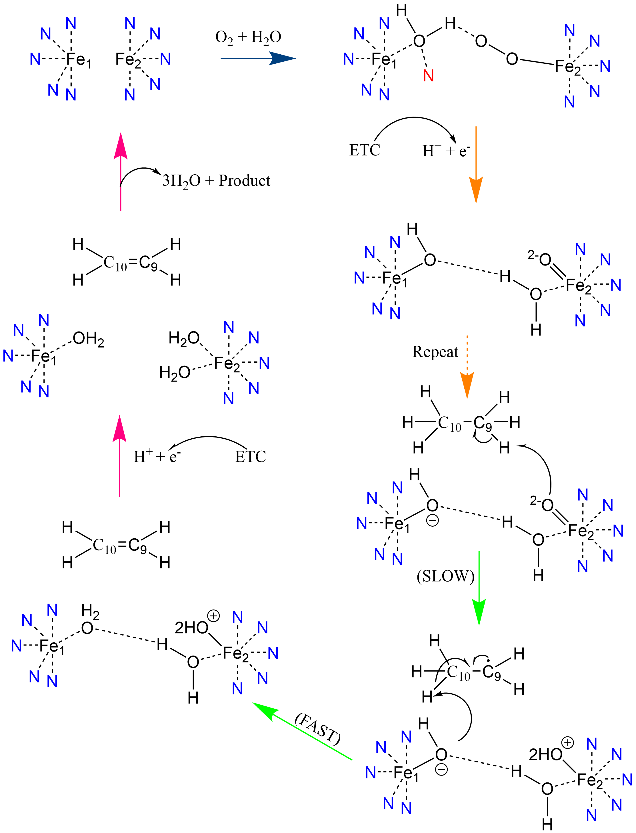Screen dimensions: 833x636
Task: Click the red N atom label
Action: coord(428,76)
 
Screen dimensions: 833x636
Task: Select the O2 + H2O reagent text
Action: coord(248,37)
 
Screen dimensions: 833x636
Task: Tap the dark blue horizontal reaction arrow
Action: coord(257,58)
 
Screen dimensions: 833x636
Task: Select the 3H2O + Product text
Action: coord(216,181)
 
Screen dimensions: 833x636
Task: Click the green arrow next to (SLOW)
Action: coord(479,587)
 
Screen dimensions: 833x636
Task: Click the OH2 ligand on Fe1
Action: coord(88,338)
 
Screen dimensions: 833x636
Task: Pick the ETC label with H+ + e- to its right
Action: coord(365,150)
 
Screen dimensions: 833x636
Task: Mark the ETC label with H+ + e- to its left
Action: coord(250,457)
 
